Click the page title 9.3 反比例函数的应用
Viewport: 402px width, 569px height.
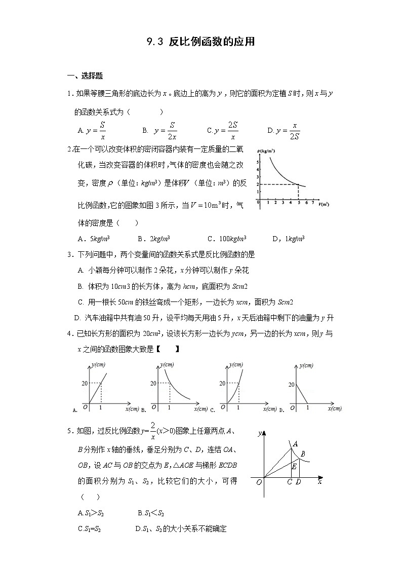point(200,42)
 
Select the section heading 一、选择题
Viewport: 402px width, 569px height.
point(85,76)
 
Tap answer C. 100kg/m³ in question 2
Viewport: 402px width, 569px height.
point(227,239)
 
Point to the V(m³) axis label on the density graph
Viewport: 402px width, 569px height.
point(324,204)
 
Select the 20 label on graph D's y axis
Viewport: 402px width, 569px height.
point(291,385)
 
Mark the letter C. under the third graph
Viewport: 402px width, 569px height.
point(213,409)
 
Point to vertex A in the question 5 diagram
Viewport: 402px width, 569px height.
point(295,444)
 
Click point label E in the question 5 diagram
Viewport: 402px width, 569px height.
point(294,466)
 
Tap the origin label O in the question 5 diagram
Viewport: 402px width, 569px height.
point(259,482)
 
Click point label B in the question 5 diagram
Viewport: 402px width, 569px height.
point(302,453)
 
